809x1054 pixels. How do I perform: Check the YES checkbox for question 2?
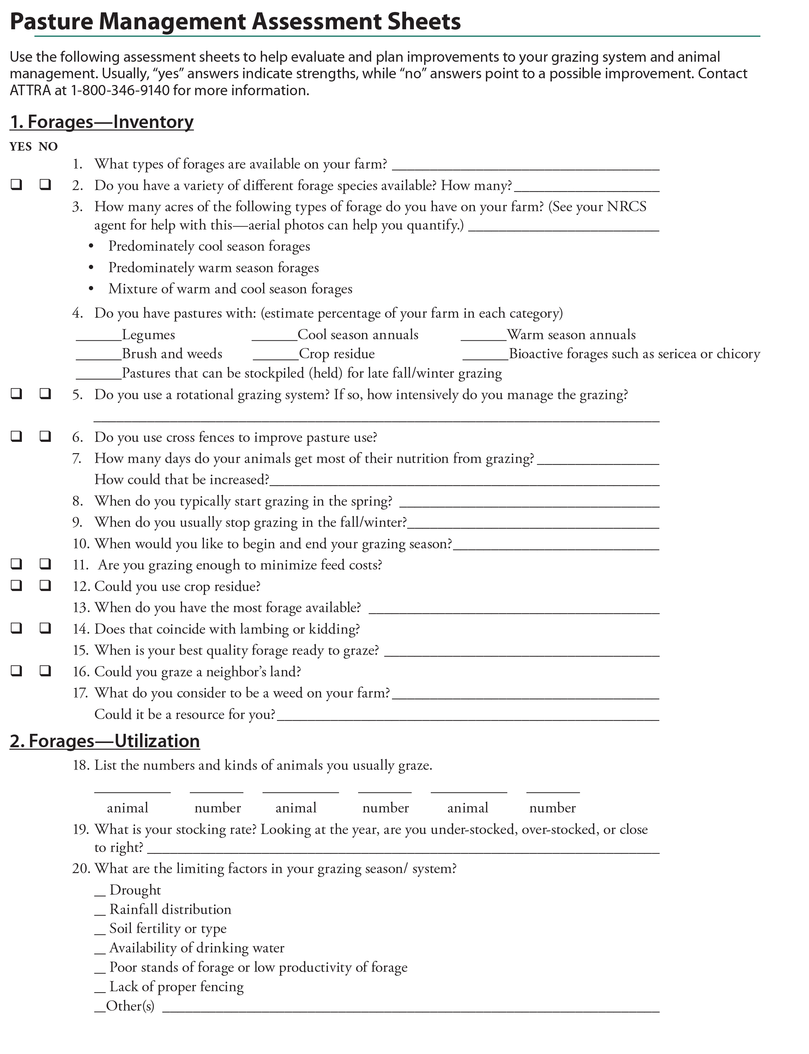click(x=16, y=184)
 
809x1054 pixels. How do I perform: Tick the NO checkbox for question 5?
click(x=45, y=394)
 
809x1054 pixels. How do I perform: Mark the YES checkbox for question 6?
click(x=16, y=436)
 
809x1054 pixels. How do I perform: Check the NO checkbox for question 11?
click(x=45, y=563)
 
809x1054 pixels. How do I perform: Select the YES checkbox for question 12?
click(x=16, y=585)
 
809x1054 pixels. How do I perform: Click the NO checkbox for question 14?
click(x=45, y=628)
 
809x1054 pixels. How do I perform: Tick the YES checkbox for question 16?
click(x=16, y=670)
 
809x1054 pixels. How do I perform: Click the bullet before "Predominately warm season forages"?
click(x=91, y=268)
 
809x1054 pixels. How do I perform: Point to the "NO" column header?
click(x=48, y=147)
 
